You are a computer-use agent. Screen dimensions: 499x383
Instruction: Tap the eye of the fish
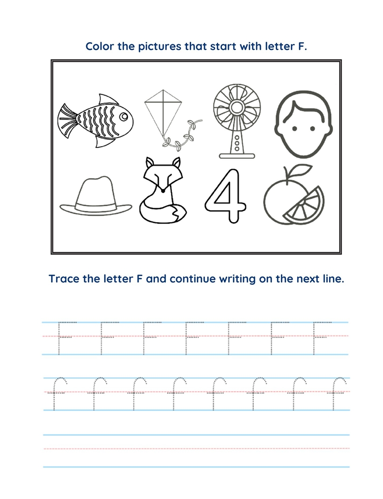[122, 114]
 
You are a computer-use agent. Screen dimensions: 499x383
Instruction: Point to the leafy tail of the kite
[185, 136]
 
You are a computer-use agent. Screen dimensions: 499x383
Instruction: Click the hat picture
[96, 197]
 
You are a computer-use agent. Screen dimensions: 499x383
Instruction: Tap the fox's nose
[162, 191]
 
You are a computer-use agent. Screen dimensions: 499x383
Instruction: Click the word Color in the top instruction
[99, 46]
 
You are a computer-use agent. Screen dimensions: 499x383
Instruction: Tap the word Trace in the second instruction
[63, 279]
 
